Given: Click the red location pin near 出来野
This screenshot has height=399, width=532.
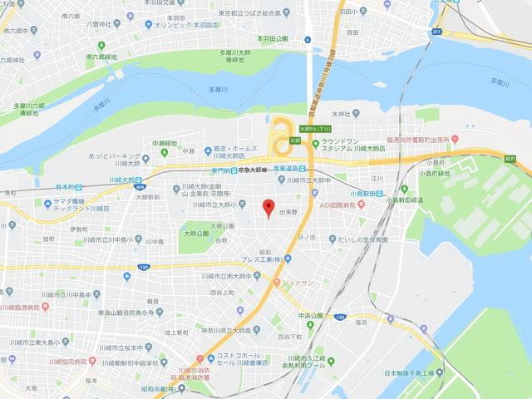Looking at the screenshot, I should tap(268, 208).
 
